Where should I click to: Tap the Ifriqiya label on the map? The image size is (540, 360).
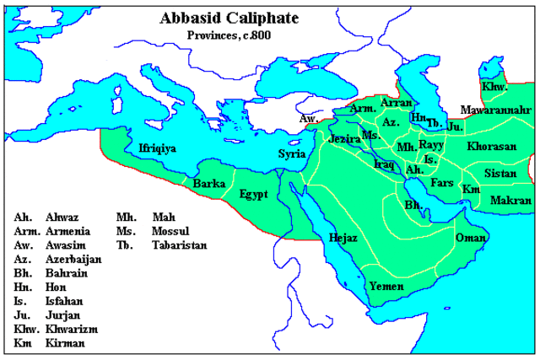pos(157,148)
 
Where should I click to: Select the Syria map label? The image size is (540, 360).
pos(293,153)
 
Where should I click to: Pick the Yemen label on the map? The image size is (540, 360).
pos(385,286)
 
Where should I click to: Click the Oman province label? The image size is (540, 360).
pos(472,238)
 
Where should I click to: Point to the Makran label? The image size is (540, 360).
pos(510,201)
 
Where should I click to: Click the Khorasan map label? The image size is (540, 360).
pos(491,146)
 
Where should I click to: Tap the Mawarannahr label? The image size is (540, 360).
pos(494,110)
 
